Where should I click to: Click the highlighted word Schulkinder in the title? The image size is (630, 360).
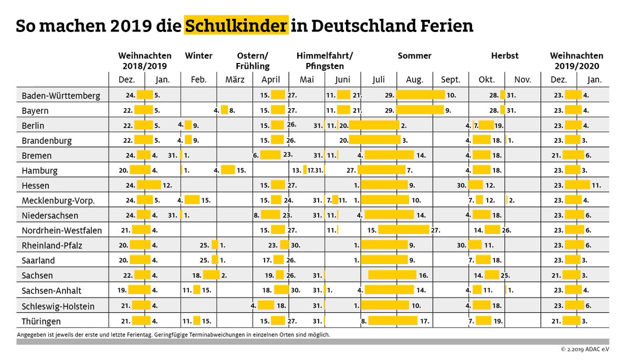(236, 25)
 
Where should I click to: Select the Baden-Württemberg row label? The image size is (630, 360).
(61, 96)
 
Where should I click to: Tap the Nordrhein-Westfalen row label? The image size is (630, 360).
(62, 230)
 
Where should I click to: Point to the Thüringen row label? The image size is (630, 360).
(41, 321)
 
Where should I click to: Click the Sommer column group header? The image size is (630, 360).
(414, 56)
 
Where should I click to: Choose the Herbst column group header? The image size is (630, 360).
(505, 56)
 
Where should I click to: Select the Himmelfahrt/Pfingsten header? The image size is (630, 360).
(324, 61)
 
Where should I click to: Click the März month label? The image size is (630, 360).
(235, 80)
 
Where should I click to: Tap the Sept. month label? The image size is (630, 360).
(450, 80)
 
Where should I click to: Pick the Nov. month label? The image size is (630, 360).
(522, 80)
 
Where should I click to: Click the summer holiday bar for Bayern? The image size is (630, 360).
(420, 110)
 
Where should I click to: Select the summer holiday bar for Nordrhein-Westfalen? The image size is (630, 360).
(403, 230)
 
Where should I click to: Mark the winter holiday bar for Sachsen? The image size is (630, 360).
(211, 274)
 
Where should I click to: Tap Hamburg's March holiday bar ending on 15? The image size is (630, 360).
(228, 170)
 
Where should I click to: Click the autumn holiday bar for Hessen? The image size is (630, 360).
(476, 185)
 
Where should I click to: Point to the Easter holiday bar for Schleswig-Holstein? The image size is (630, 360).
(266, 305)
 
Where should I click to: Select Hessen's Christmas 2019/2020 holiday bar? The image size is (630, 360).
(577, 185)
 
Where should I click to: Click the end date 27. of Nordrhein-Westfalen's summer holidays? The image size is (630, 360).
(435, 230)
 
